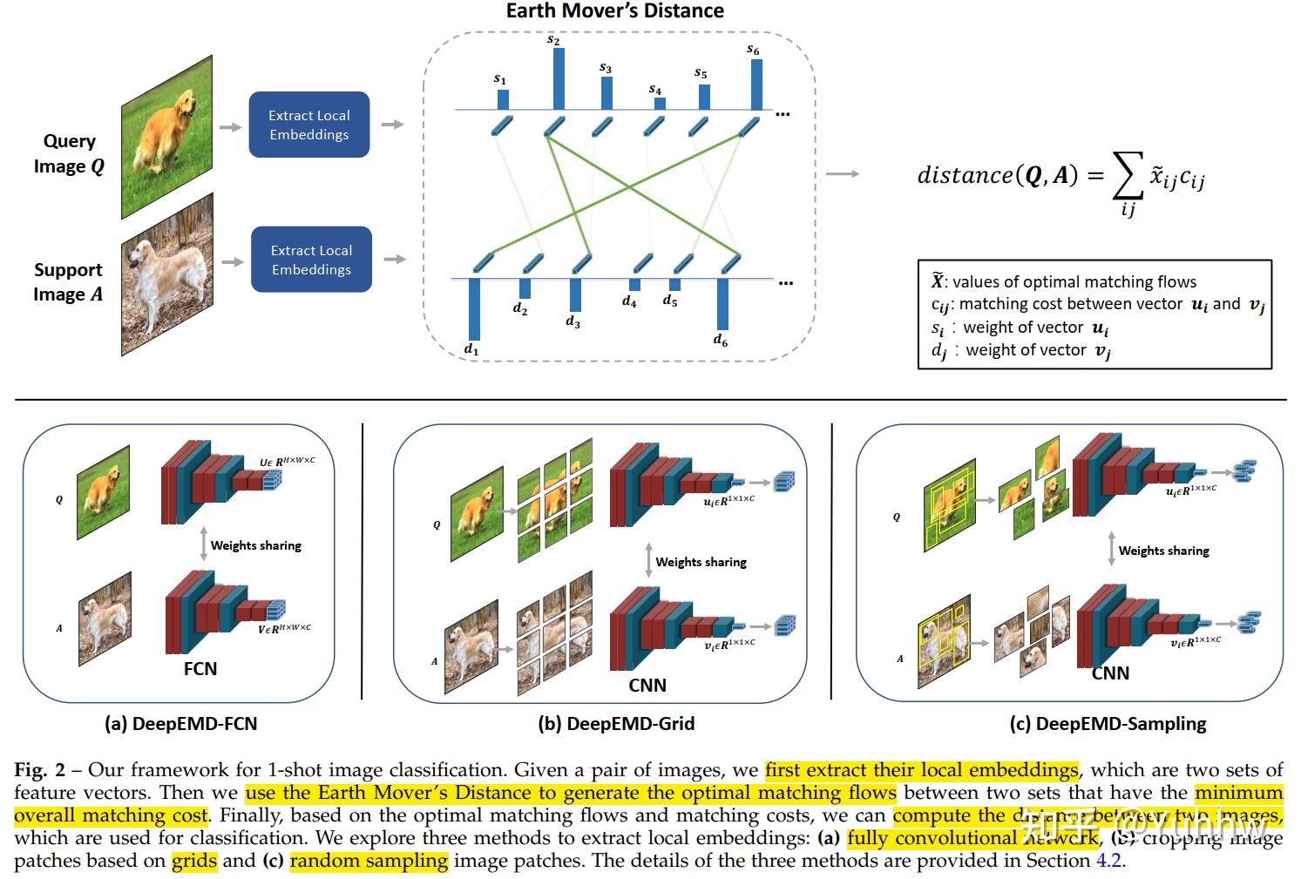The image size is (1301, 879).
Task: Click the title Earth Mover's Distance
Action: [x=614, y=11]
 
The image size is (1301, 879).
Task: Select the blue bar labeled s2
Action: [x=558, y=78]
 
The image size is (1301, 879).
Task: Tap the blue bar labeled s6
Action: [x=756, y=84]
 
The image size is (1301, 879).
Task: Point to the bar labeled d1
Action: [x=473, y=309]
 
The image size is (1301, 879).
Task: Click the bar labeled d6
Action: [x=722, y=304]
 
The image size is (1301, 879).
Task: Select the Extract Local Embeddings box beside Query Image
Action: [x=309, y=125]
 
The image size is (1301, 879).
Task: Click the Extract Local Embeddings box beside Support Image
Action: [x=311, y=260]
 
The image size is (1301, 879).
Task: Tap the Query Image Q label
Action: [x=69, y=153]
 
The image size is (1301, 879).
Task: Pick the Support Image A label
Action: [x=68, y=282]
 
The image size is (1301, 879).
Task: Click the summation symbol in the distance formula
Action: [x=1128, y=178]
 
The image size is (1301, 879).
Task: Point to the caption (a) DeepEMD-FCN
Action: [x=180, y=724]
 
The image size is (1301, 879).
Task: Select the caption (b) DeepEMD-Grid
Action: [x=616, y=724]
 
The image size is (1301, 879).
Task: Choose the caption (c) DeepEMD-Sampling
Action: [x=1108, y=724]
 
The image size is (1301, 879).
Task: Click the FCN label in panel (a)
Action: [x=200, y=669]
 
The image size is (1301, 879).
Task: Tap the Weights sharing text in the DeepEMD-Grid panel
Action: [x=701, y=562]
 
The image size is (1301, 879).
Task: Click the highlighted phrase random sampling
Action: [x=369, y=861]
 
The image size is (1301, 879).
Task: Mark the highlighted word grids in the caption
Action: [x=193, y=861]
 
